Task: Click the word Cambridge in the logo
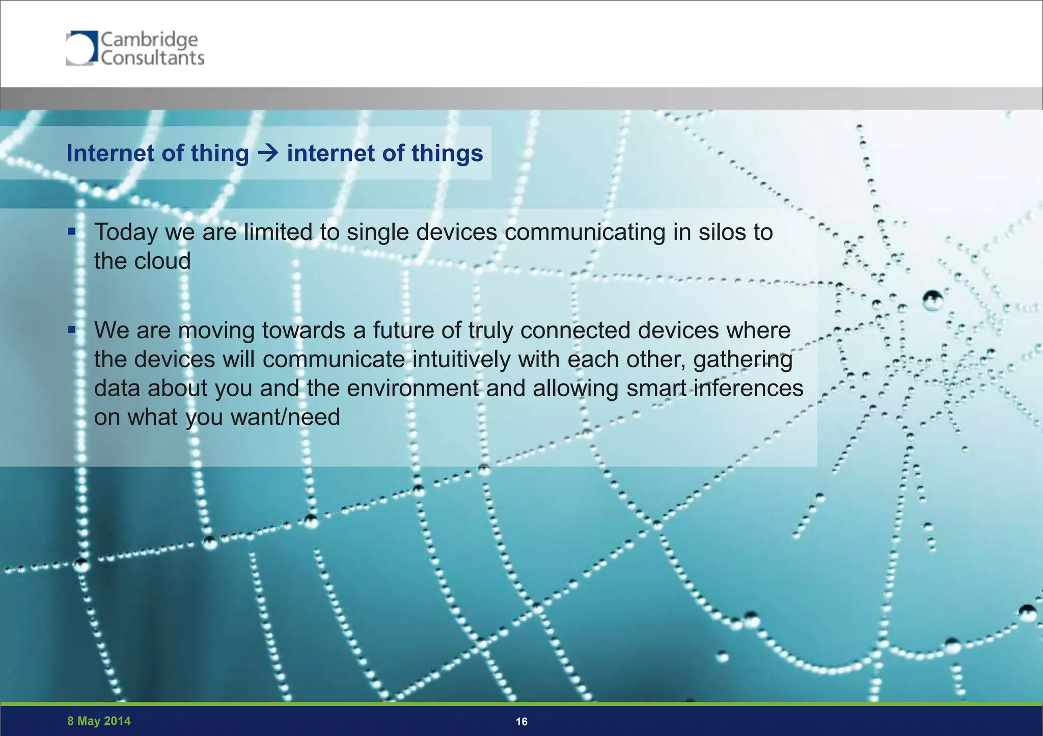[149, 39]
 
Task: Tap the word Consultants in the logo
[152, 58]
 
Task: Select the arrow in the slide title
[268, 153]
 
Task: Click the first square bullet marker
[72, 232]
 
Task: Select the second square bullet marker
[72, 330]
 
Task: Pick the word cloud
[162, 261]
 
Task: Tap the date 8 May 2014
[99, 721]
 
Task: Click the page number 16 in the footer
[521, 721]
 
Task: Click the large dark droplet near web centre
[933, 301]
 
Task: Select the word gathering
[743, 360]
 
